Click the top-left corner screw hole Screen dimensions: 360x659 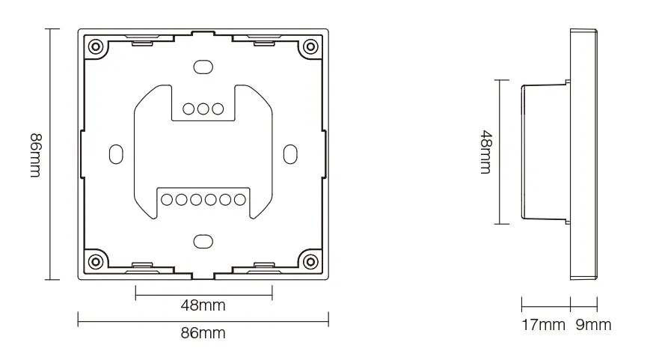96,46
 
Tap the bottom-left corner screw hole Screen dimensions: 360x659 96,261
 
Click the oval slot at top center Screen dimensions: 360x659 202,67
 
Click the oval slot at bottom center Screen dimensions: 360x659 202,241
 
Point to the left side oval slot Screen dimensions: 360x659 115,153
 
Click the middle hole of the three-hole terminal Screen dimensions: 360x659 203,109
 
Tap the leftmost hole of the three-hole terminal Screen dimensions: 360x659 188,109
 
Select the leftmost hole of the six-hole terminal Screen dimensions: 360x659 168,199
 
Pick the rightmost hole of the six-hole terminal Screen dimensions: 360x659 239,199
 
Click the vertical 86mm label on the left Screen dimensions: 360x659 35,155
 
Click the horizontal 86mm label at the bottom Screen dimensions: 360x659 203,334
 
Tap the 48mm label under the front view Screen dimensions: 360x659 203,305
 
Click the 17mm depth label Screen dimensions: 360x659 542,325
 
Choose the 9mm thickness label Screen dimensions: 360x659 594,325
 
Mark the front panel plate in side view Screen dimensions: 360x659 583,153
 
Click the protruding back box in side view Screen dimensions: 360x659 545,153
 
